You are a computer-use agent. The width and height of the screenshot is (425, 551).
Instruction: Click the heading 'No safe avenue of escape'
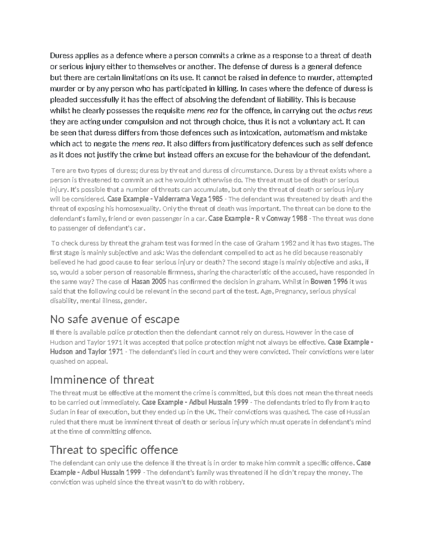115,319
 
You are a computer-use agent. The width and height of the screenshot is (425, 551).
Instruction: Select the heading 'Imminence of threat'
102,380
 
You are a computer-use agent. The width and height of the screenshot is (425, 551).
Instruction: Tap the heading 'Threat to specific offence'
114,450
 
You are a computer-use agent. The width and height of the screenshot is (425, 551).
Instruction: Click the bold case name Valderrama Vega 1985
183,199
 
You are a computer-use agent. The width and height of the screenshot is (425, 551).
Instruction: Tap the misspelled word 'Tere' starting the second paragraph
57,171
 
